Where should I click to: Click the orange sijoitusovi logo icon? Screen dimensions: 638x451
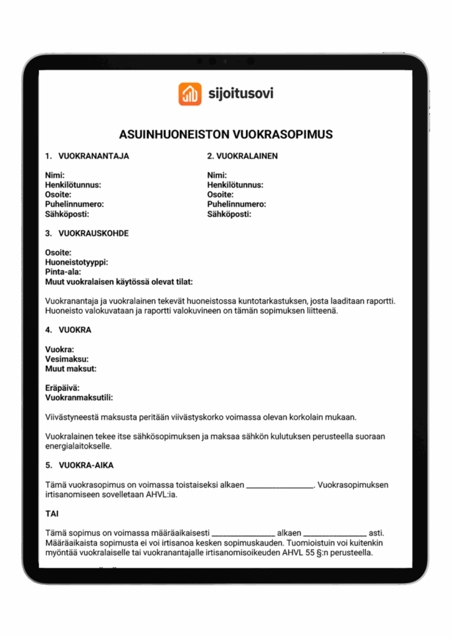coord(190,94)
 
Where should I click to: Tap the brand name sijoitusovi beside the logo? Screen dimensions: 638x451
coord(240,94)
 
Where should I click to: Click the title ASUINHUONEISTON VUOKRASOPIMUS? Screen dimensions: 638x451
coord(225,135)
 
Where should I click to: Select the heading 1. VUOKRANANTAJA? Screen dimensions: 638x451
coord(87,156)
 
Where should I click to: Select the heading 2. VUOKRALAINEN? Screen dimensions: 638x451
coord(242,156)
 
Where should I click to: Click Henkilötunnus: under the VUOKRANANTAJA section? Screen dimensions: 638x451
coord(73,185)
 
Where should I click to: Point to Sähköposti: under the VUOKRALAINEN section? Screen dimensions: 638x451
coord(229,214)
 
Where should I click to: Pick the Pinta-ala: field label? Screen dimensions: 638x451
coord(64,272)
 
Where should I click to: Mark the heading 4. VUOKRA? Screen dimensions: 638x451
coord(69,330)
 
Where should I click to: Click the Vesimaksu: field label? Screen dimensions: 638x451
coord(67,359)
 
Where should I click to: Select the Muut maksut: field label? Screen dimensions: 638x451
coord(71,369)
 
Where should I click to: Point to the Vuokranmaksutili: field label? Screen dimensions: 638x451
coord(79,398)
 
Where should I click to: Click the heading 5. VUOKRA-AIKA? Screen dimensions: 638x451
coord(80,465)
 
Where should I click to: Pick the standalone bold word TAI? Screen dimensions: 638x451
coord(53,514)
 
